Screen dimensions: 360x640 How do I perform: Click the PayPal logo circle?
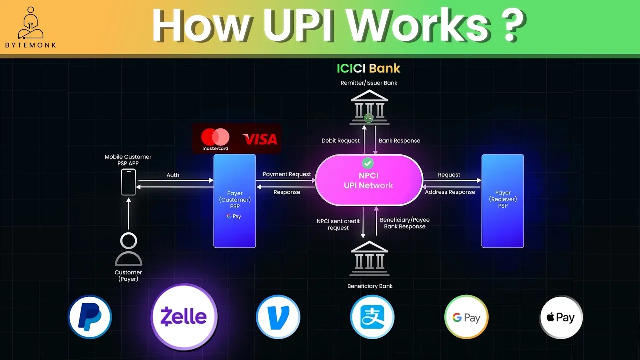pos(90,317)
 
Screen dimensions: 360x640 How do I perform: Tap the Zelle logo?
pos(184,317)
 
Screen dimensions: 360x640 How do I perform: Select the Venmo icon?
pos(278,317)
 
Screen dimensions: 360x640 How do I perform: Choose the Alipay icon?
pos(372,317)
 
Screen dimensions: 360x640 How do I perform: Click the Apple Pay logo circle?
pos(561,317)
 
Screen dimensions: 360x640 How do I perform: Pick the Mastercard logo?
pos(215,139)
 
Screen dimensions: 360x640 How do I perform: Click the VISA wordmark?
pos(259,139)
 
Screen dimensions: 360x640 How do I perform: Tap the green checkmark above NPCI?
pos(368,163)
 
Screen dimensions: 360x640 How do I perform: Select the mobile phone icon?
pos(128,182)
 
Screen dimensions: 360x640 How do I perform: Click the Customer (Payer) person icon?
pos(128,250)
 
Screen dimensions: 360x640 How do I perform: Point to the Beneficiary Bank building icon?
pos(369,259)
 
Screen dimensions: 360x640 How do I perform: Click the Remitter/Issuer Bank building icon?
pos(369,107)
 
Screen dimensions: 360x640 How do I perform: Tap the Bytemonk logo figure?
pos(31,24)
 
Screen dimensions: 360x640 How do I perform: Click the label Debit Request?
pos(340,141)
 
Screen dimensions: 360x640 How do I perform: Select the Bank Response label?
pos(399,141)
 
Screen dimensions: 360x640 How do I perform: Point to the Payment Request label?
pos(287,174)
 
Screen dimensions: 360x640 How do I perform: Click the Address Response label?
pos(450,192)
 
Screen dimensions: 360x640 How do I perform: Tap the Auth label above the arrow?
pos(173,175)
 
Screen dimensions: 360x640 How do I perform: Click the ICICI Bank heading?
pos(369,68)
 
